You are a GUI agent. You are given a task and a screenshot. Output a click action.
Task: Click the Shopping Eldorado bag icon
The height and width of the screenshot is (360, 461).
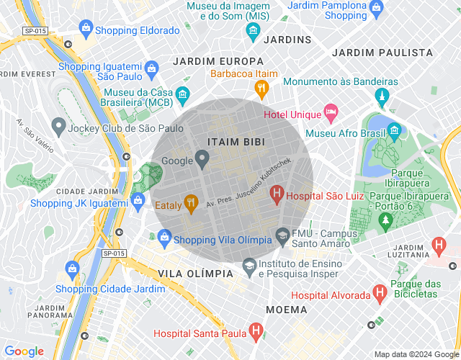click(86, 30)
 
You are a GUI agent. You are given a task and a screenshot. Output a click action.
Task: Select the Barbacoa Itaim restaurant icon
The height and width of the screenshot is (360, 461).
click(261, 89)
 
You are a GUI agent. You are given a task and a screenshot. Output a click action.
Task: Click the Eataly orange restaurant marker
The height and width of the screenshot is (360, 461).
click(190, 204)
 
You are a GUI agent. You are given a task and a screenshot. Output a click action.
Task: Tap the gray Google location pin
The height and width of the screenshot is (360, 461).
click(202, 158)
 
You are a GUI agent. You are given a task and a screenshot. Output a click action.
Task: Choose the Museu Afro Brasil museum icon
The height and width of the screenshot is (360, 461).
click(394, 130)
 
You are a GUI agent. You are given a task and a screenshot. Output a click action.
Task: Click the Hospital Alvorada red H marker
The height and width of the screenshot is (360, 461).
click(380, 293)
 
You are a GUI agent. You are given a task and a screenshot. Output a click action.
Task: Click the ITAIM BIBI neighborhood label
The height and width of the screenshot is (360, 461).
click(236, 142)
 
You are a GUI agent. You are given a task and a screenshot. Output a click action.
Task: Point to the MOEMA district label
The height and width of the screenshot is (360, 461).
click(287, 310)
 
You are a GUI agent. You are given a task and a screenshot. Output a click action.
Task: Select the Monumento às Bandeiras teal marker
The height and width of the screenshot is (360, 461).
click(382, 97)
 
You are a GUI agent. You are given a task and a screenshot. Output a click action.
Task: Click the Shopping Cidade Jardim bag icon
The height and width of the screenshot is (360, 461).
click(71, 269)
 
